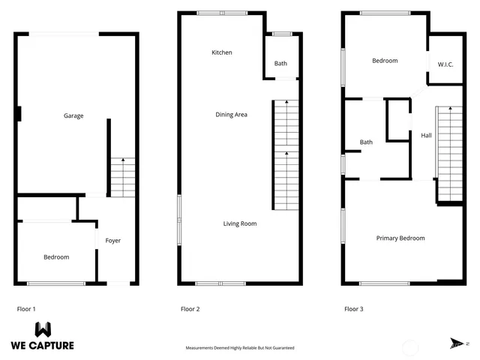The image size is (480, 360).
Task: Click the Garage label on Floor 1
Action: [73, 116]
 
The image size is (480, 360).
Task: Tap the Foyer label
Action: [112, 241]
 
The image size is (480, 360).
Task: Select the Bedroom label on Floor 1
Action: [56, 257]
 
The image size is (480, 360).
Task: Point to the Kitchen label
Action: [222, 52]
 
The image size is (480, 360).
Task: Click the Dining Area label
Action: [231, 115]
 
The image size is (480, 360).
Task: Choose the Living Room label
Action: [240, 223]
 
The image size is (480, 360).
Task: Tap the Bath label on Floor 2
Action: [280, 64]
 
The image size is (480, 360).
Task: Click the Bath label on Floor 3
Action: [366, 142]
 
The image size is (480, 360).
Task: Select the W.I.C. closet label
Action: [447, 64]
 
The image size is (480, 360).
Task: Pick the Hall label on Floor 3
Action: [426, 136]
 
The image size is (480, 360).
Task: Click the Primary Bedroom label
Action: [400, 238]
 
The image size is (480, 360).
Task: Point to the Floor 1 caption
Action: [26, 308]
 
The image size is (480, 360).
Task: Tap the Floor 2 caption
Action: [190, 308]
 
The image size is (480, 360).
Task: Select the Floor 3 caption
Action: [354, 308]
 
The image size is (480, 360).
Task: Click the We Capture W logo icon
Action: [43, 329]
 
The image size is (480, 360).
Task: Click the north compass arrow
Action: [457, 343]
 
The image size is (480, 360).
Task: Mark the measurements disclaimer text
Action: [240, 348]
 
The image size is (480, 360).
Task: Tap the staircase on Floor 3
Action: [450, 154]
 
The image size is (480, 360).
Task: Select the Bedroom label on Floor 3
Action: [385, 61]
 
